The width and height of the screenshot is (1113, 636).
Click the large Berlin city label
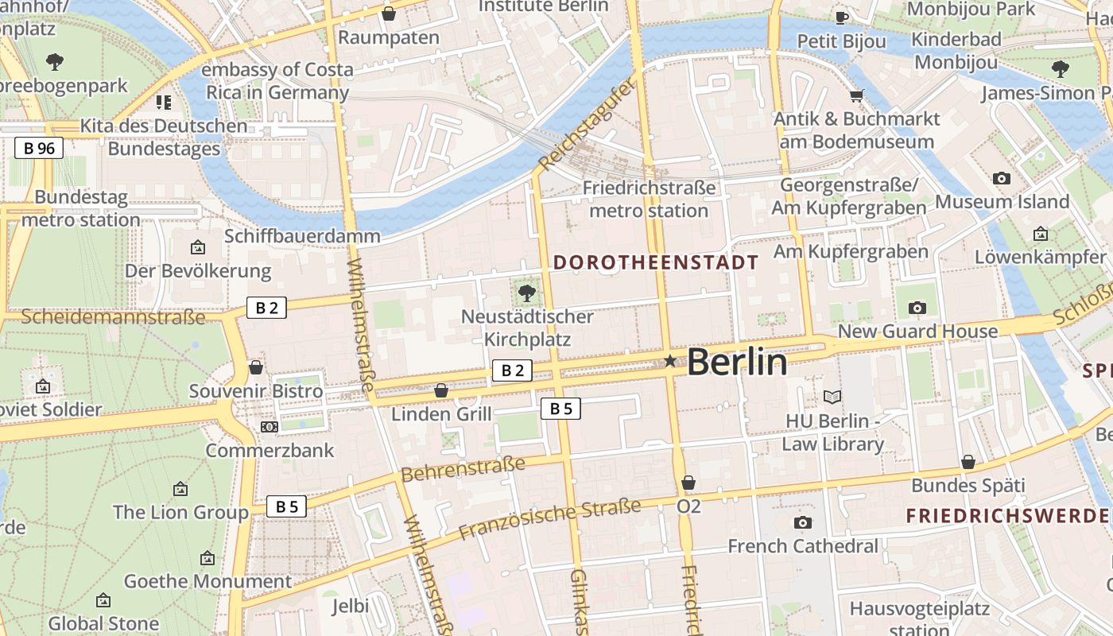click(x=737, y=363)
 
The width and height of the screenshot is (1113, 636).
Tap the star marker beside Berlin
click(x=670, y=361)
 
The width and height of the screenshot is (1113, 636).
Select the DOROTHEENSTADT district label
click(x=656, y=262)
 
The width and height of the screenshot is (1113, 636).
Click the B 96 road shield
click(x=39, y=147)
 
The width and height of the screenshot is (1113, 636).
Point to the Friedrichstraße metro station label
click(x=649, y=200)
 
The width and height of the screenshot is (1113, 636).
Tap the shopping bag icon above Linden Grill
click(x=441, y=390)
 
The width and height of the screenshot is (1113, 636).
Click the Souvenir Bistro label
click(x=255, y=391)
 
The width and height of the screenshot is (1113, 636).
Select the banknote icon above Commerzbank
click(x=270, y=427)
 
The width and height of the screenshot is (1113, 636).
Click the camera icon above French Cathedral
click(x=803, y=522)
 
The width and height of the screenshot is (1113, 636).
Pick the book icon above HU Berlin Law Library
click(x=832, y=397)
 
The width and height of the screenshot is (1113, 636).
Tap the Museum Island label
click(x=1002, y=202)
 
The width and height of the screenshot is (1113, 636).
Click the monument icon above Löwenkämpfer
click(x=1040, y=234)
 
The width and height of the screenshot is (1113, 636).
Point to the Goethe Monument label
click(x=207, y=581)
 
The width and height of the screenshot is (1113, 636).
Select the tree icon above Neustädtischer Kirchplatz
click(x=526, y=293)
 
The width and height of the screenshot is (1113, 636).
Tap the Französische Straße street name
click(x=549, y=519)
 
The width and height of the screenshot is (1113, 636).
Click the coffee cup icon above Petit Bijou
click(x=841, y=17)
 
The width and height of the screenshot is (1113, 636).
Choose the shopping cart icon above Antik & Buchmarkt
click(x=856, y=96)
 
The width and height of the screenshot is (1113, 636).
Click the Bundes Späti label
click(x=968, y=485)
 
